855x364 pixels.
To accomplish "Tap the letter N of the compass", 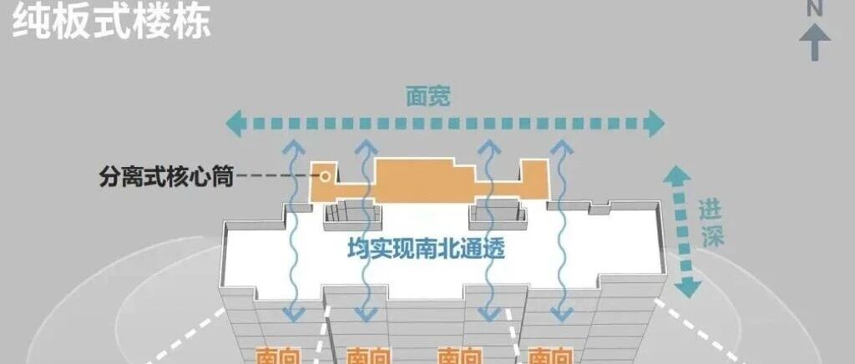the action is pyautogui.click(x=815, y=8).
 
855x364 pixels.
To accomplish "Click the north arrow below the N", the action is pyautogui.click(x=815, y=42).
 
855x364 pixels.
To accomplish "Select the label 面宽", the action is pyautogui.click(x=428, y=97).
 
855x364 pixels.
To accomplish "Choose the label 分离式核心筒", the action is pyautogui.click(x=165, y=177).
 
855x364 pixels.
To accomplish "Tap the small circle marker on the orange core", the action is pyautogui.click(x=326, y=175).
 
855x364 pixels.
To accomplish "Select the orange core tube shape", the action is pyautogui.click(x=417, y=179).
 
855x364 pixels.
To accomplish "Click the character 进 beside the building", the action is pyautogui.click(x=711, y=211).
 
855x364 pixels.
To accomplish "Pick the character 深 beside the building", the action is pyautogui.click(x=711, y=236).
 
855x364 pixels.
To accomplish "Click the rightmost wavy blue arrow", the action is pyautogui.click(x=560, y=230).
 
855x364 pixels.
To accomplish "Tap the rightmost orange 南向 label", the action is pyautogui.click(x=550, y=356).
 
